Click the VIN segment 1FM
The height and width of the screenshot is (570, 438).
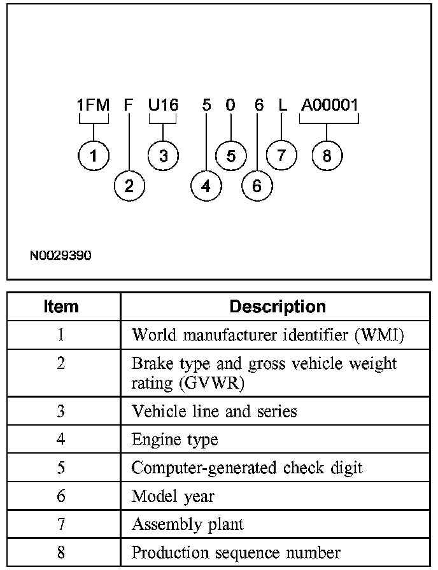point(94,106)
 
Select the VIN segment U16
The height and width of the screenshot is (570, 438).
point(163,106)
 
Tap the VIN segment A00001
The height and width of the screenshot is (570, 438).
point(330,106)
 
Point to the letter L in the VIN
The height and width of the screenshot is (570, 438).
point(283,106)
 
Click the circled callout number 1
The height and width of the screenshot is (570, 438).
point(94,156)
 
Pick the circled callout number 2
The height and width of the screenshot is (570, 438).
point(129,186)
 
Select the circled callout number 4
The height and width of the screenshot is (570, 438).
point(206,186)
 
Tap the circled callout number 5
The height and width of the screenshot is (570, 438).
point(230,156)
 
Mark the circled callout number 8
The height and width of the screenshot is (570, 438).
point(327,156)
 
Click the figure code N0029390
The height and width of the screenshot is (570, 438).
point(60,256)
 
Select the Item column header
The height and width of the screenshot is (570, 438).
point(61,307)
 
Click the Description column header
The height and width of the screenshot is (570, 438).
point(277,307)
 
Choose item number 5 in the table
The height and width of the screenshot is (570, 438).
point(61,468)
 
